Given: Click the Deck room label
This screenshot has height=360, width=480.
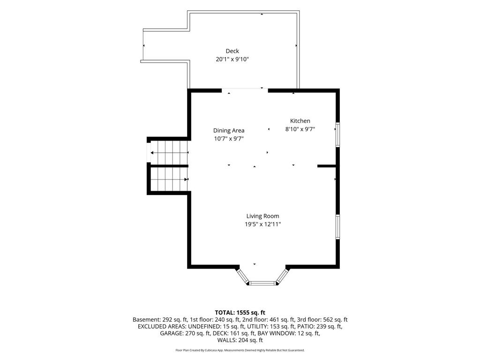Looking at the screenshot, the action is [x=232, y=51].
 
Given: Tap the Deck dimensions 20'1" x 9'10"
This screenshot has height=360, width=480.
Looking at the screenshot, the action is [x=232, y=59].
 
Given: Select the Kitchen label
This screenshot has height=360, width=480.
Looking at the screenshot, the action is [x=300, y=121].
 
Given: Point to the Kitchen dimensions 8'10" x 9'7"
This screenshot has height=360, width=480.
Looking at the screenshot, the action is [x=300, y=129].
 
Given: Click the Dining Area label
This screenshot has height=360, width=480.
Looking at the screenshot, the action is [x=229, y=130].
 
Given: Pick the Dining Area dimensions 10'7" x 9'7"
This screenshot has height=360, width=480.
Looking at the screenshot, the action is [x=229, y=139].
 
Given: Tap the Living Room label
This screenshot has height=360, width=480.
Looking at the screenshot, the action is [x=262, y=216].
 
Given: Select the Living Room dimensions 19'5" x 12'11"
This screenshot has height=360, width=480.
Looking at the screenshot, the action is [x=262, y=225].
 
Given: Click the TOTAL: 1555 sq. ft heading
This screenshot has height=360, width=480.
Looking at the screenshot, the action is [x=240, y=313].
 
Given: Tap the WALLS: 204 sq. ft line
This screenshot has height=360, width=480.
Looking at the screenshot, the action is [x=240, y=340].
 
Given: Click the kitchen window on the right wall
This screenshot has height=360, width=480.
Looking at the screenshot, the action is [x=337, y=135].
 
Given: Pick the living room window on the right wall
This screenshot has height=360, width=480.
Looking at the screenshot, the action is [x=337, y=227].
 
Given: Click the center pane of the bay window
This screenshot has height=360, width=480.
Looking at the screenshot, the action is [x=262, y=284].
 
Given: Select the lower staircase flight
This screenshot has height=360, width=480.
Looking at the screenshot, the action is [x=169, y=179].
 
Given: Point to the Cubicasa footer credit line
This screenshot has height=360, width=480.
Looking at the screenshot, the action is [x=240, y=350].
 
